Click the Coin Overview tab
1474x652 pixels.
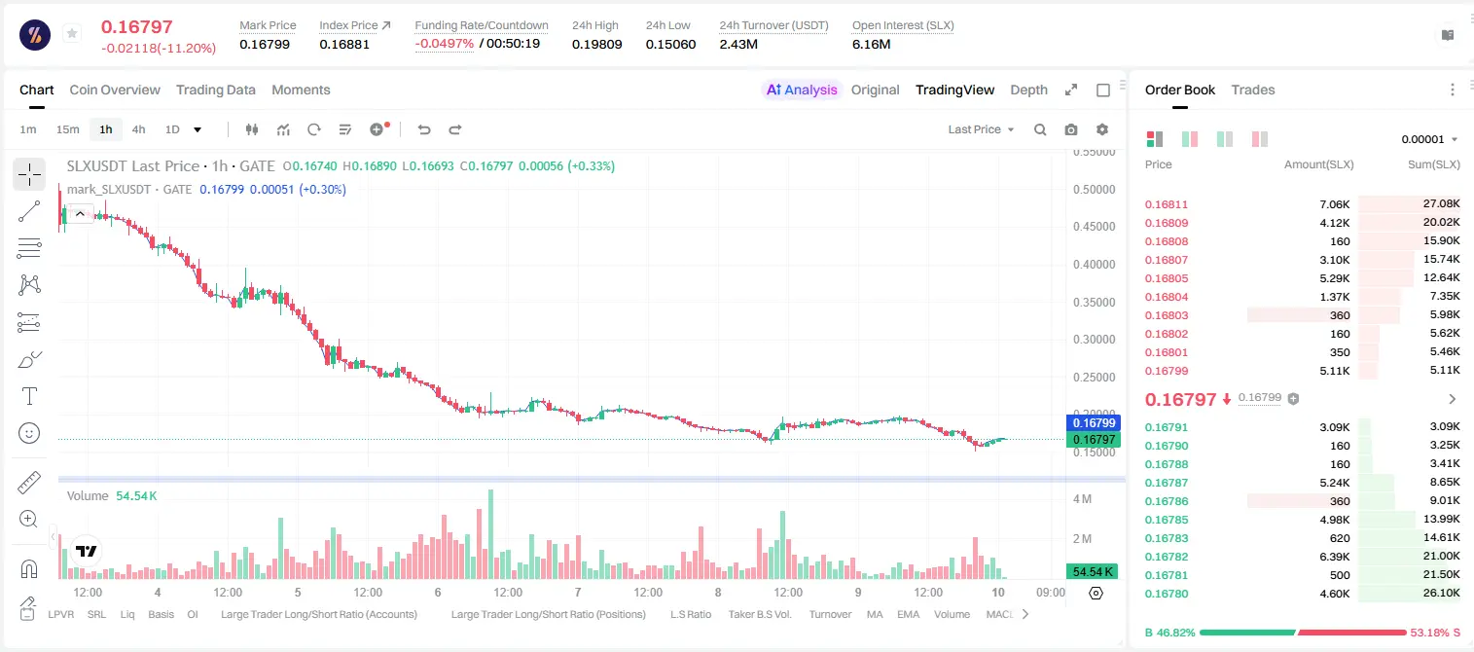tap(115, 90)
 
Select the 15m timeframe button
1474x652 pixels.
tap(67, 129)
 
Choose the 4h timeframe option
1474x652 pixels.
tap(138, 129)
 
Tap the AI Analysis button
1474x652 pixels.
tap(802, 90)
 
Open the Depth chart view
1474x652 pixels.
tap(1028, 90)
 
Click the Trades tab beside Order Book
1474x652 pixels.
tap(1253, 90)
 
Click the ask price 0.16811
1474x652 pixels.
tap(1166, 204)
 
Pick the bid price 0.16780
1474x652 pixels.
tap(1166, 594)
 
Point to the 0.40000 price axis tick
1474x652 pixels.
tap(1094, 265)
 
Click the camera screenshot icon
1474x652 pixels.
tap(1071, 129)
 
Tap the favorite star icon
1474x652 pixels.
tap(72, 33)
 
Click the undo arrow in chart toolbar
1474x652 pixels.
tap(424, 129)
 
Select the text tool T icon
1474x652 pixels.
tap(29, 396)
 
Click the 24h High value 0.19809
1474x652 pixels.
tap(596, 44)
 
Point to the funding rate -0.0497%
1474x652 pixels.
tap(445, 44)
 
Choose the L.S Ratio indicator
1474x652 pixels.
tap(690, 614)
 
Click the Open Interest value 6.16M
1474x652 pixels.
tap(871, 44)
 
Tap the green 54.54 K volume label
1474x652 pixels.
tap(1093, 572)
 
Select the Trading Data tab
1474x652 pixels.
tap(215, 90)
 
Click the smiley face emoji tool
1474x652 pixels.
tap(29, 433)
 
